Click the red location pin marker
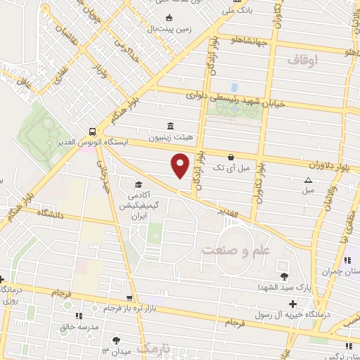pos(181,165)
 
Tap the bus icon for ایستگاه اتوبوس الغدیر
pos(93,131)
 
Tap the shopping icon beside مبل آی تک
pos(231,156)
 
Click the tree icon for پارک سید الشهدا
pos(284,276)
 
